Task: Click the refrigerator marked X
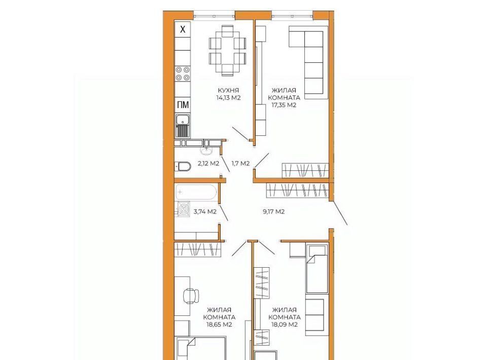point(183,29)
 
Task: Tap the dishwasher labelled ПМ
point(183,105)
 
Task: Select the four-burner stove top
point(183,74)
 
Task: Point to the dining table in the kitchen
point(228,51)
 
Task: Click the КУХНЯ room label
point(228,90)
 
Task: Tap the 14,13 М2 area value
point(229,98)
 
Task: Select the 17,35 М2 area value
point(284,105)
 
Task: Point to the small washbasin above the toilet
point(206,150)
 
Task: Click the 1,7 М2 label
point(240,163)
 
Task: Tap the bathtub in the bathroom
point(196,192)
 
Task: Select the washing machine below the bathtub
point(184,208)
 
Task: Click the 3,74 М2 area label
point(205,212)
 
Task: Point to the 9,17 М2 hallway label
point(273,212)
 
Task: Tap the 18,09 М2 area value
point(285,325)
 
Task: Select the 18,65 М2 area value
point(219,325)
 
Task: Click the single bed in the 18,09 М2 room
point(317,269)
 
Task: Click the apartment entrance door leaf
point(339,212)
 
